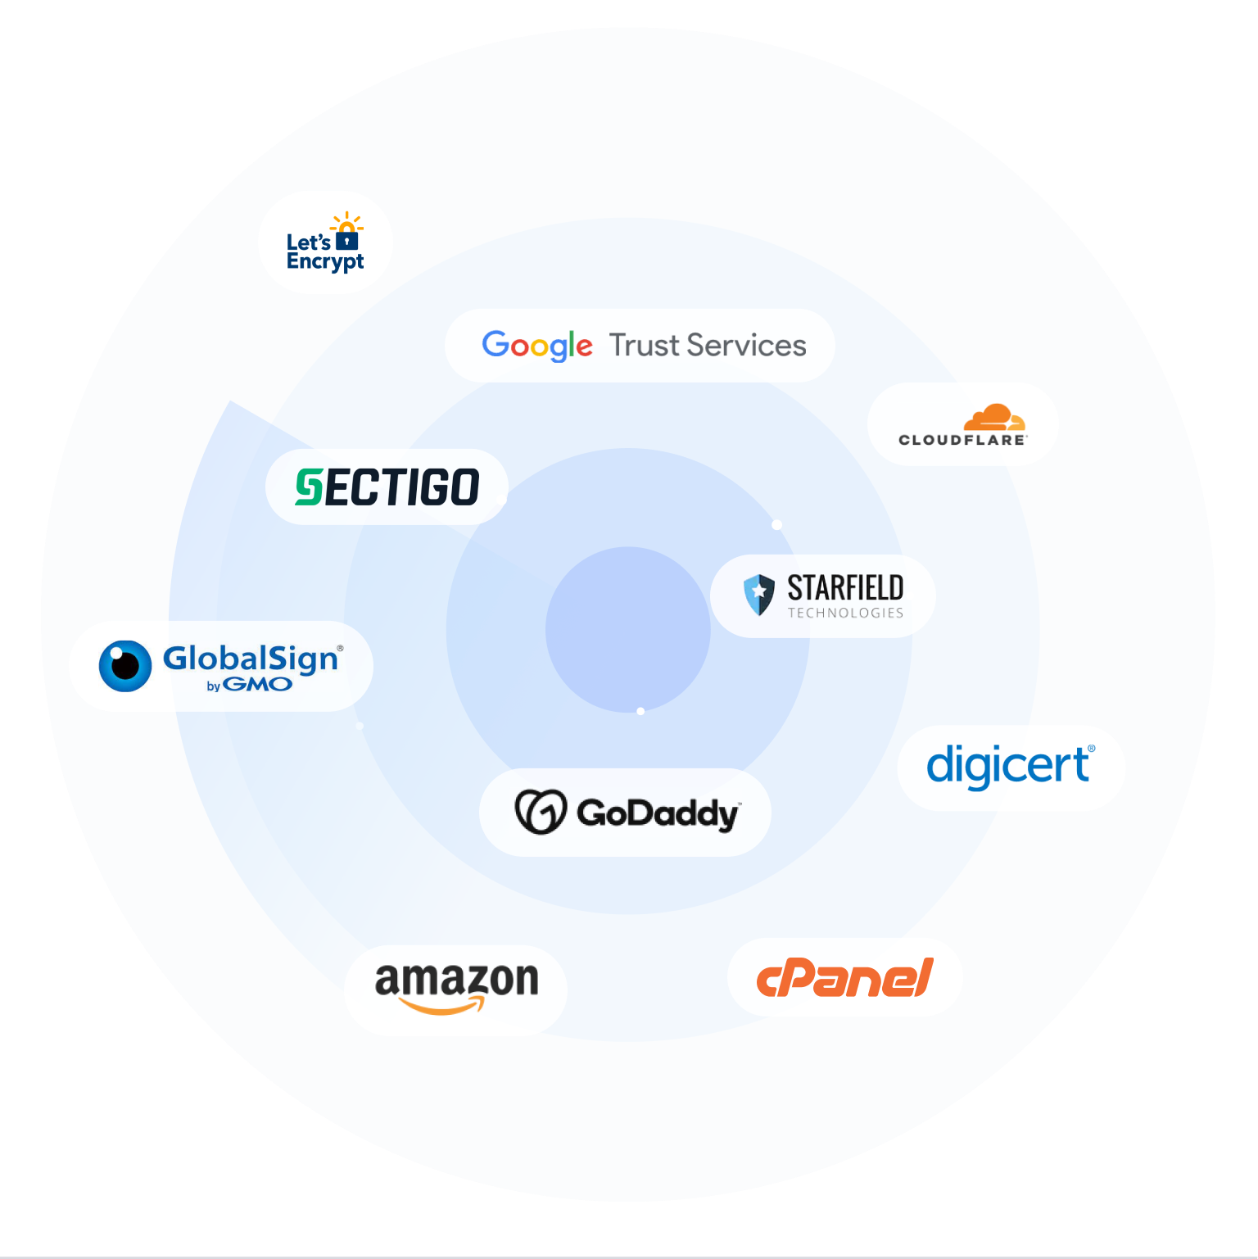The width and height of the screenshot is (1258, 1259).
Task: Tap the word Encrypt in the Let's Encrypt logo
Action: [325, 261]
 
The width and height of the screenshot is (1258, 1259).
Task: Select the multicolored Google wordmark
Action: [537, 346]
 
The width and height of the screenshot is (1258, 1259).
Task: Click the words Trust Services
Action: [708, 346]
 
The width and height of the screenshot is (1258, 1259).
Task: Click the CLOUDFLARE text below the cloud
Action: [962, 440]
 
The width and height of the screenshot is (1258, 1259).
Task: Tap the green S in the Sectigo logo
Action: [310, 487]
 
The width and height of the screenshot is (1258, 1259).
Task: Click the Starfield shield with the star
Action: [758, 594]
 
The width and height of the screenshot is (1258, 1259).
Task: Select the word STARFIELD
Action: [845, 588]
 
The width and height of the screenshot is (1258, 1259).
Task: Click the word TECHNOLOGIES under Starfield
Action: [845, 613]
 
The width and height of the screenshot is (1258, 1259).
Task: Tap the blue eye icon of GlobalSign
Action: [125, 665]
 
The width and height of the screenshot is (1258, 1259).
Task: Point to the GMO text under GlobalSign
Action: [257, 685]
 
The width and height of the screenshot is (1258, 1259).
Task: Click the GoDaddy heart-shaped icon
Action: [541, 812]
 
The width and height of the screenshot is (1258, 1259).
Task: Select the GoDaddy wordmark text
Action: [658, 813]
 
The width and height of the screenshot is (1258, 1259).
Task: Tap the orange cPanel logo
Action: [844, 978]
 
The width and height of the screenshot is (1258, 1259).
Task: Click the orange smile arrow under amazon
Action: [441, 1006]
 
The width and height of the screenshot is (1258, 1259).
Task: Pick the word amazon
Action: [456, 979]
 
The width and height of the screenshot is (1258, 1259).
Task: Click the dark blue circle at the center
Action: [627, 629]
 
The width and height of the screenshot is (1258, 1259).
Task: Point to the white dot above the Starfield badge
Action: [776, 524]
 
